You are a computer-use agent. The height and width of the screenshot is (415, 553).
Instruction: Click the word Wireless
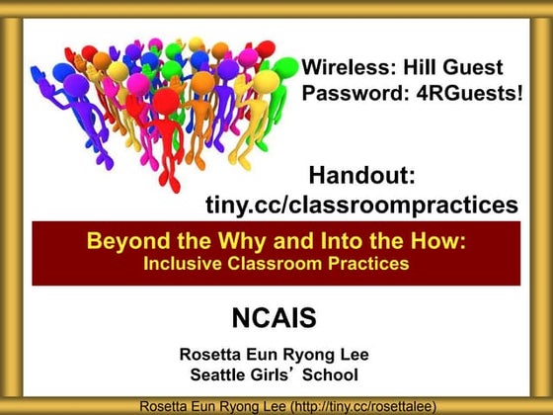pyautogui.click(x=342, y=68)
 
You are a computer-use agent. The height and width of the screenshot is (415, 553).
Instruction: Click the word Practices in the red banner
pyautogui.click(x=363, y=264)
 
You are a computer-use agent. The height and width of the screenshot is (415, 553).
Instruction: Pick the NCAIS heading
pyautogui.click(x=274, y=318)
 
